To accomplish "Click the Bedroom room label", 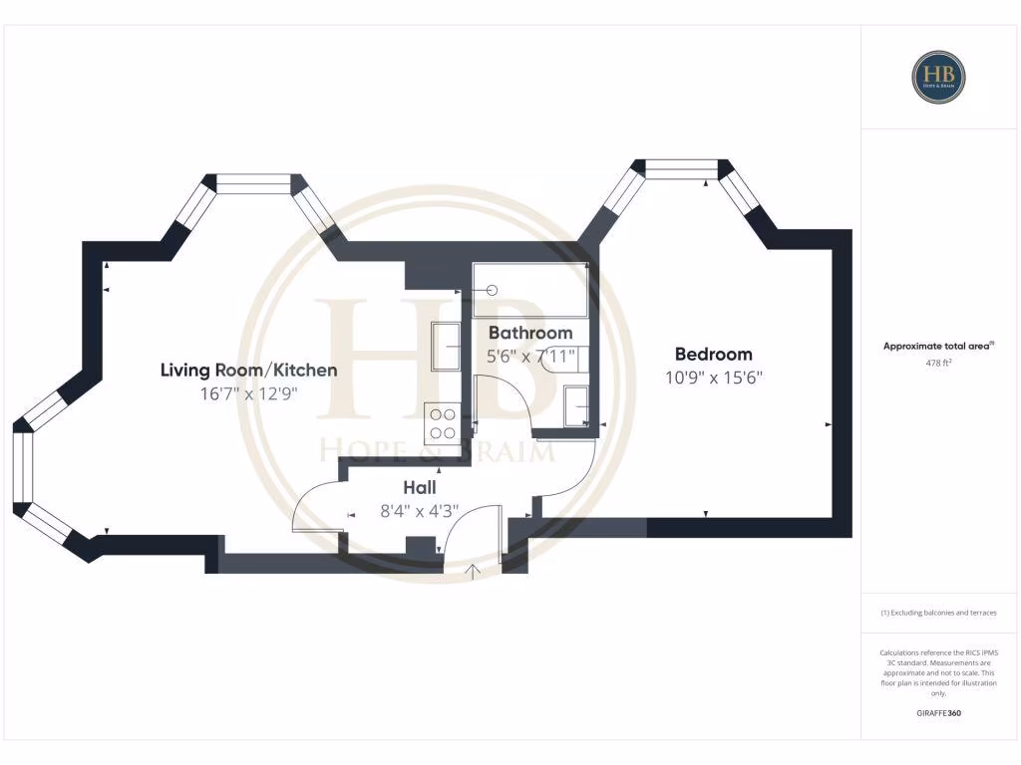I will coord(713,354).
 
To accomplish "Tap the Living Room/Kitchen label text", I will coord(248,370).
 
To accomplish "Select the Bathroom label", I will coord(529,333).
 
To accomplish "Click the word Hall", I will coord(420,488).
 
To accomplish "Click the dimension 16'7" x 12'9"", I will coord(248,393).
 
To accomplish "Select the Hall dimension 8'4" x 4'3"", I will coord(420,511).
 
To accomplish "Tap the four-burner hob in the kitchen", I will coord(441,422).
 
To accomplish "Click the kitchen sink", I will coord(445,347).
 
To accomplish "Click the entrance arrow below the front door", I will coord(474,571).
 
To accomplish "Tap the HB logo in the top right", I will coord(938,77).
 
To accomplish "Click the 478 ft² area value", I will coord(938,364).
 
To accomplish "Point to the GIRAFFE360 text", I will coord(938,713).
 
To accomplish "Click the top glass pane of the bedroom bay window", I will coord(682,168).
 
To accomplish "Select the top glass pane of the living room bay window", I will coord(253,184).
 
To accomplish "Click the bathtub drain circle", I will coord(492,290).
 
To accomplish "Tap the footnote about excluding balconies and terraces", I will coord(938,613).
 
